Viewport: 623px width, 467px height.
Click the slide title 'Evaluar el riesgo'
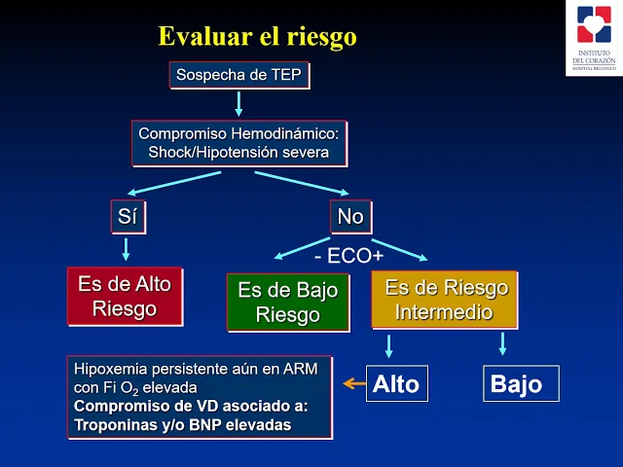click(257, 37)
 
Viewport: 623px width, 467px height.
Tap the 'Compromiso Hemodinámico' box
click(238, 142)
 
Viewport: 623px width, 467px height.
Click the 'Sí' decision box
click(128, 217)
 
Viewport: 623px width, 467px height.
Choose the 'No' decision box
click(349, 217)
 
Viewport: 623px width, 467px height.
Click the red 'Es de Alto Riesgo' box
click(125, 296)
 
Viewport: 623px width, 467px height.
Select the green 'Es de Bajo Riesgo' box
click(287, 302)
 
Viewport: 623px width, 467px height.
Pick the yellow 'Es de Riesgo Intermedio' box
click(446, 300)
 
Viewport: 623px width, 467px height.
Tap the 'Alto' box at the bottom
click(396, 383)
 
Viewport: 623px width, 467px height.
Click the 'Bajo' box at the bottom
click(521, 383)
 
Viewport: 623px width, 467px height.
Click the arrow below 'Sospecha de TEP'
click(238, 103)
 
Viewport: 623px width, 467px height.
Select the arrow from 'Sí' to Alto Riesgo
click(127, 249)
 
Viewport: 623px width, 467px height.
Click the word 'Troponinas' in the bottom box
click(113, 425)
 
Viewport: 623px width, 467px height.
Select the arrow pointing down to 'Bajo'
click(503, 343)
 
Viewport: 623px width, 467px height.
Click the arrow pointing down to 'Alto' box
click(389, 345)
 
